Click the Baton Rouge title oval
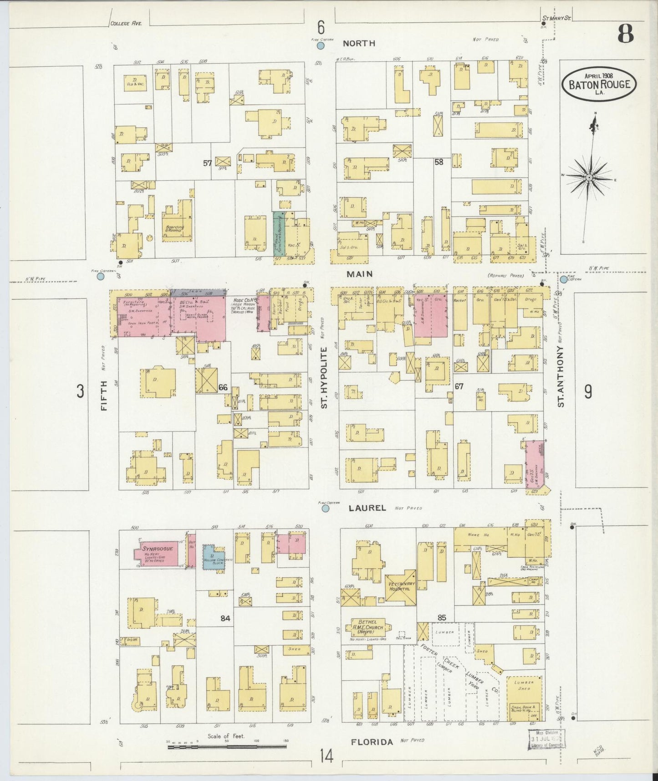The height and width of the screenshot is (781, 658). (x=599, y=84)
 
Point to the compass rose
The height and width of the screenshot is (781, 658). (x=589, y=177)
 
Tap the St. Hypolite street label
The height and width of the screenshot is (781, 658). (x=324, y=376)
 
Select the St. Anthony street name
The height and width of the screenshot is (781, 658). (x=561, y=376)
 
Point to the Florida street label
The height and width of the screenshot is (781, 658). (x=372, y=742)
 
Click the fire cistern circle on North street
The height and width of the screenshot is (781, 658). (x=321, y=46)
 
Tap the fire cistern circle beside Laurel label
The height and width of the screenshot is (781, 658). (x=326, y=509)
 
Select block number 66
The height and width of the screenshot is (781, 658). (x=223, y=387)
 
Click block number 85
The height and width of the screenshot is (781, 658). (x=441, y=618)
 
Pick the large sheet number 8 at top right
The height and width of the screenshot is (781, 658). (x=625, y=34)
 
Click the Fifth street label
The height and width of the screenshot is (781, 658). (x=104, y=396)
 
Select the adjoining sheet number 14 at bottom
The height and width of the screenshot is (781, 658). (x=326, y=757)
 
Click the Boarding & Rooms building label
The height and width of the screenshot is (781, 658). (x=175, y=228)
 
